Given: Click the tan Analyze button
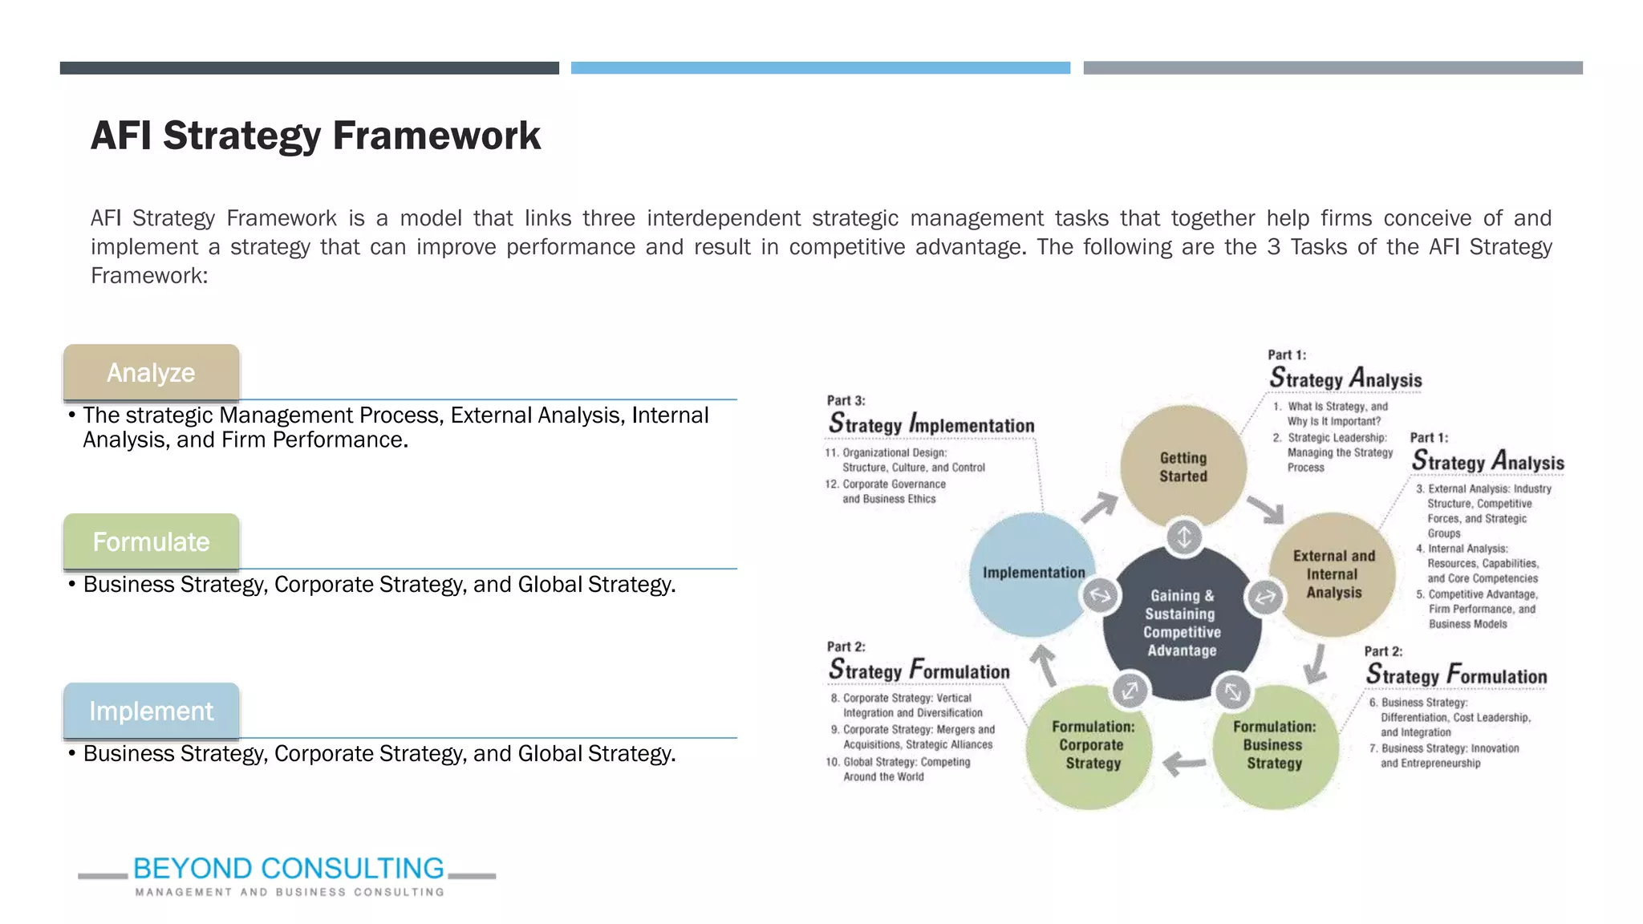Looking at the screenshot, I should coord(151,373).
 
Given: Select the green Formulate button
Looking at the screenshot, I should coord(151,542).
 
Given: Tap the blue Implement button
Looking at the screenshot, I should coord(151,711).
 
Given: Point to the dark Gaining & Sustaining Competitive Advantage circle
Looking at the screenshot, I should coord(1182,623).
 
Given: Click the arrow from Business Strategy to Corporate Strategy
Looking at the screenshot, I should coord(1184,763).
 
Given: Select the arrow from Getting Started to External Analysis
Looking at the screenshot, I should coord(1267,509).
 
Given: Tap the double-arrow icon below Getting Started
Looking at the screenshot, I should coord(1184,537).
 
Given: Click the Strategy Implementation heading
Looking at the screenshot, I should coord(931,423).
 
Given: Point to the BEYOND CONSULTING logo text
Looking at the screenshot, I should coord(288,869).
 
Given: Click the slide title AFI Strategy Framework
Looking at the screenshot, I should coord(315,135).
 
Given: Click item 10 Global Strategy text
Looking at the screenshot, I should coord(899,769).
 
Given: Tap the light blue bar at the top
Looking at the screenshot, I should coord(820,68).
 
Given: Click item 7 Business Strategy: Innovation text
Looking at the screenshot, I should coord(1445,756).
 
